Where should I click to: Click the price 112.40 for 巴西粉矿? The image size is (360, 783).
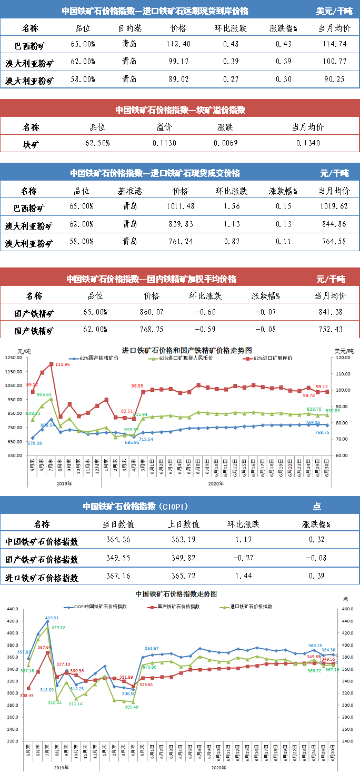pos(178,44)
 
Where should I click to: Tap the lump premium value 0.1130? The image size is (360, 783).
pos(165,143)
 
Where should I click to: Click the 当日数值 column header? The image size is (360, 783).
pos(118,524)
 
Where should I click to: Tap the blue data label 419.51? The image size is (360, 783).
pos(51,618)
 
